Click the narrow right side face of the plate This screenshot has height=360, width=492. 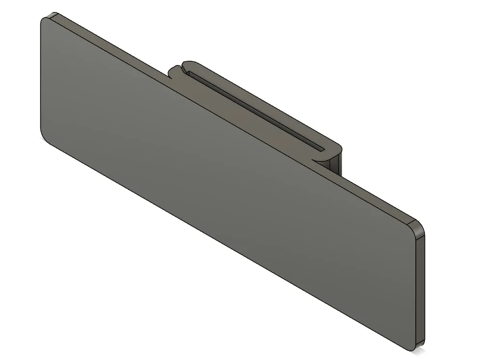pyautogui.click(x=420, y=289)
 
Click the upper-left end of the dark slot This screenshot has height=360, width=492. pyautogui.click(x=191, y=74)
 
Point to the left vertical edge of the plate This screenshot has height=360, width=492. pyautogui.click(x=41, y=77)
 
